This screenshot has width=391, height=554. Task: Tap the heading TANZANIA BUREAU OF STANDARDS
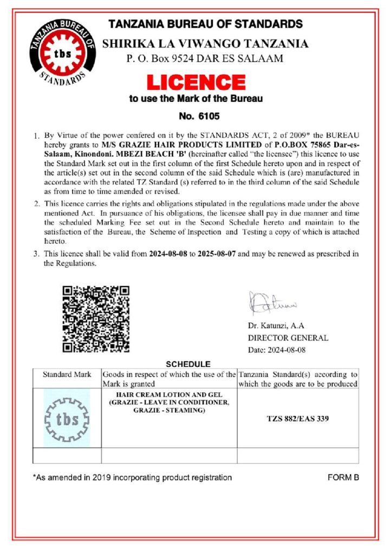(x=205, y=24)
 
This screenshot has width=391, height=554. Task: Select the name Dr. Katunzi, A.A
(x=276, y=326)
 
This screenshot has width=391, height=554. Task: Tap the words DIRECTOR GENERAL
(x=288, y=338)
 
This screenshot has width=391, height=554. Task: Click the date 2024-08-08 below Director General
(x=288, y=349)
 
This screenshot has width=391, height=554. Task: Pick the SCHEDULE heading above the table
(x=188, y=364)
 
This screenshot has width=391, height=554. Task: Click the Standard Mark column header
(x=67, y=374)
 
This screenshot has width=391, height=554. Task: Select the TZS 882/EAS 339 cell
(x=298, y=418)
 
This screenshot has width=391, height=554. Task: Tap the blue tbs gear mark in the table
(x=67, y=418)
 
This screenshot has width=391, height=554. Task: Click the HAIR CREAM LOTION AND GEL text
(x=170, y=394)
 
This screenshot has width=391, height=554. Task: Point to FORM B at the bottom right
(x=343, y=478)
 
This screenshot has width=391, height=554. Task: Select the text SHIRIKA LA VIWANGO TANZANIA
(x=205, y=44)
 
